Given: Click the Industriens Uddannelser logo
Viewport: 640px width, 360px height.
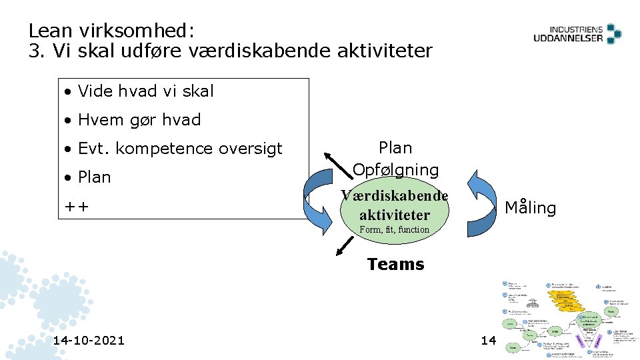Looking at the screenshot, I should click(x=577, y=33).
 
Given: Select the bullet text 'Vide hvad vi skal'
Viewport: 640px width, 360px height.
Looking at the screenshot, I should click(x=145, y=91).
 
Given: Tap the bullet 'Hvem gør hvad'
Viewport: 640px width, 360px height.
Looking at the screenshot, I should click(x=139, y=120).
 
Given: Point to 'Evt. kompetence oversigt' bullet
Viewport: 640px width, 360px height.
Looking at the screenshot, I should click(x=180, y=149).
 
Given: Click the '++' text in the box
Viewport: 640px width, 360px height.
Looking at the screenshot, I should click(x=76, y=207).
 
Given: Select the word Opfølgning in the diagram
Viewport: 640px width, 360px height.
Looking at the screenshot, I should click(x=396, y=170).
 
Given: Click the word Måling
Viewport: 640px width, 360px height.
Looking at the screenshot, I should click(x=530, y=208).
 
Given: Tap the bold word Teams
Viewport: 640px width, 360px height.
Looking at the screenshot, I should click(x=395, y=265).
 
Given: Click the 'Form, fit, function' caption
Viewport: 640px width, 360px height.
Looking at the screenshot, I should click(x=395, y=230).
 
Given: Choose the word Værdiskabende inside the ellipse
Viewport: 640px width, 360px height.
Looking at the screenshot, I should click(x=395, y=196).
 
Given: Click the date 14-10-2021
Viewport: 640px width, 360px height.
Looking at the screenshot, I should click(x=89, y=341).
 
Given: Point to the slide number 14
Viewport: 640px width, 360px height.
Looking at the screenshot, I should click(x=488, y=341).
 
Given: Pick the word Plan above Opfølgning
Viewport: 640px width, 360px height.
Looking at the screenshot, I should click(x=395, y=148).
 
